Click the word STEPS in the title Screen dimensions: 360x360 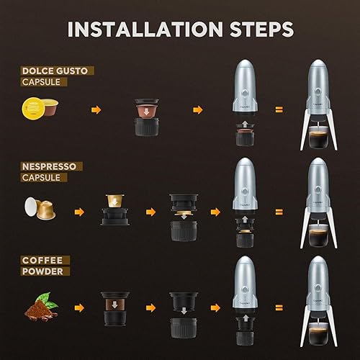[x=257, y=29]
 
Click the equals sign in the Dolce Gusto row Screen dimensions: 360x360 [x=278, y=110]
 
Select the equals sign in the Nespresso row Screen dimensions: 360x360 [x=278, y=212]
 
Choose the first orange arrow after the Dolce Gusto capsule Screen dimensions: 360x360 [x=94, y=110]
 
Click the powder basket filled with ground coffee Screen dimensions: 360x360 [x=115, y=307]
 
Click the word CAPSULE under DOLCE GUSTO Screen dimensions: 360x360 [x=42, y=82]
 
